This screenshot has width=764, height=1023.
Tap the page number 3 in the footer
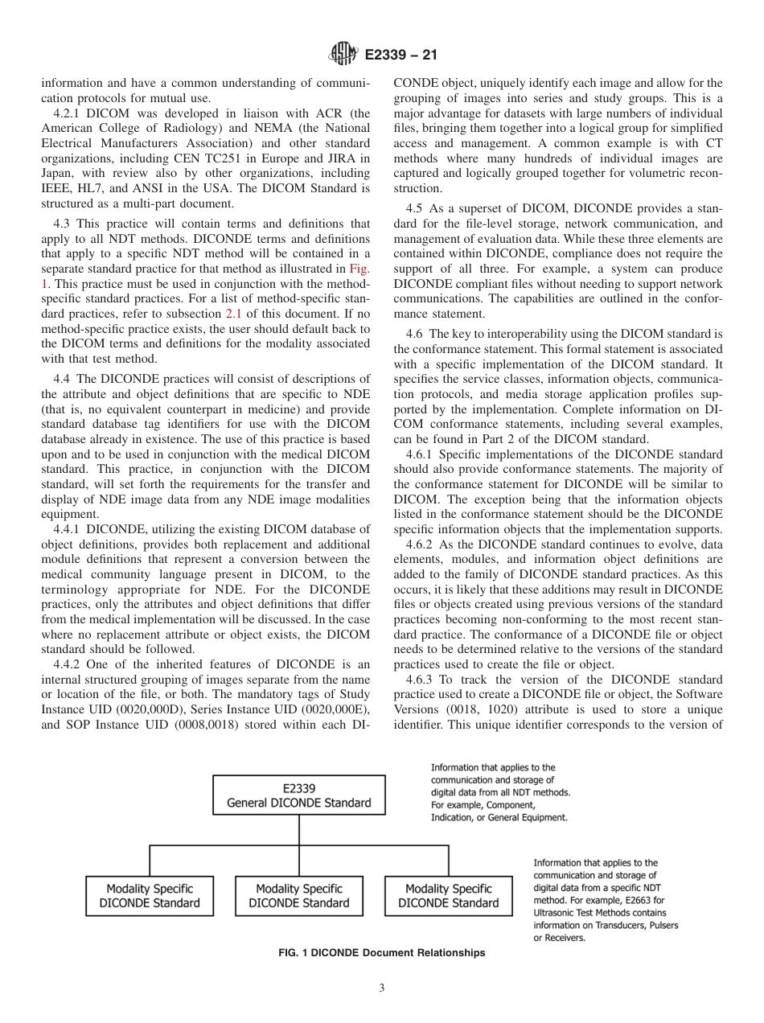382,988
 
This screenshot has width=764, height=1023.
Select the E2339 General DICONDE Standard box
298,795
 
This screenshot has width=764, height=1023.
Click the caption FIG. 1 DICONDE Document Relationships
381,952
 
